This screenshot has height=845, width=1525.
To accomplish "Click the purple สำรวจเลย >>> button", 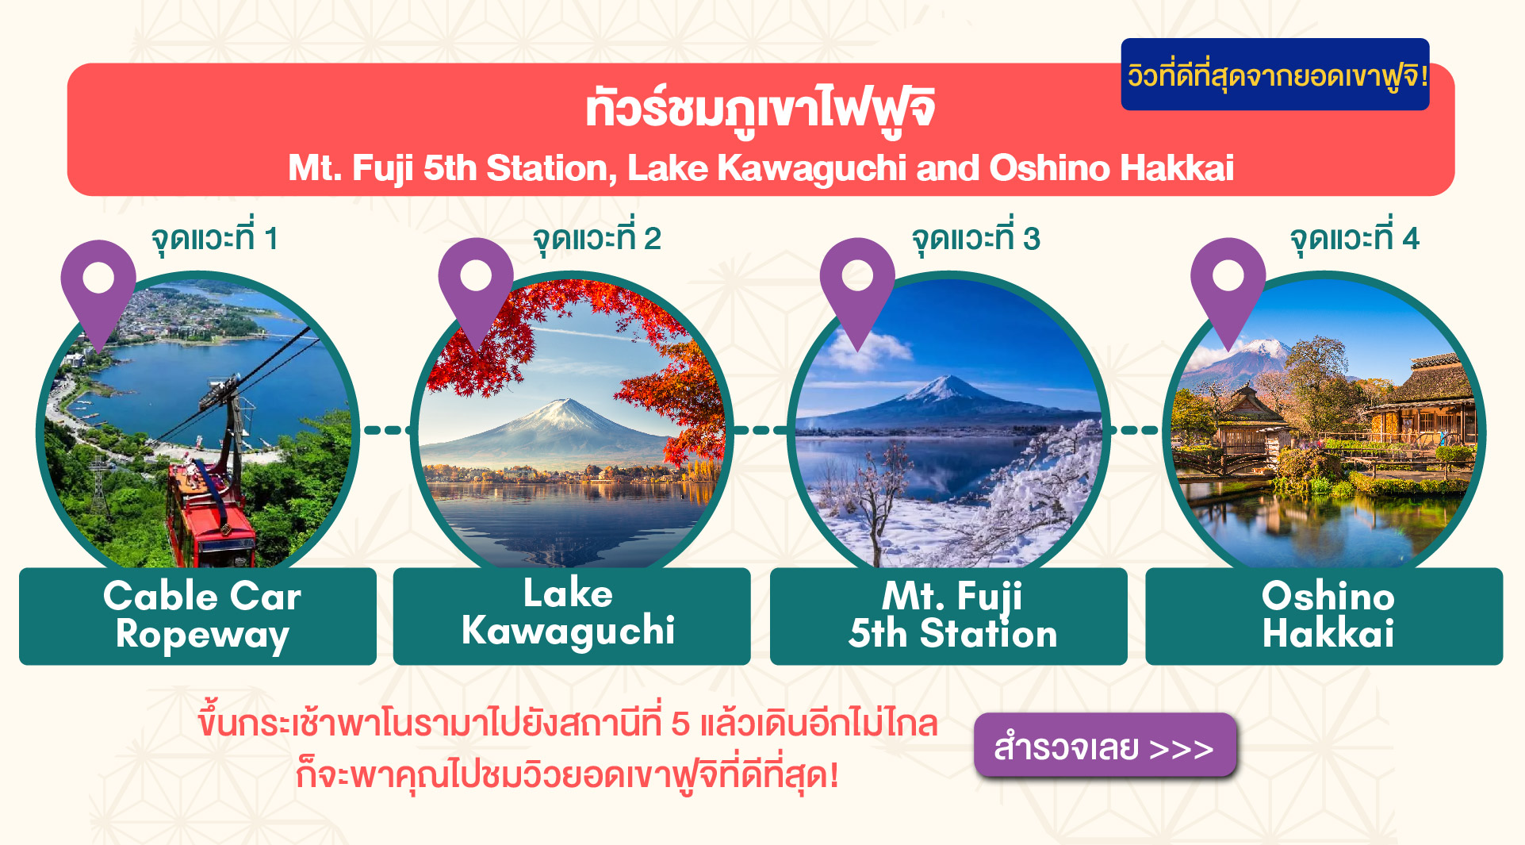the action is point(1105,745).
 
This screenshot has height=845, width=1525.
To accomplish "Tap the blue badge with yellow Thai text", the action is point(1275,74).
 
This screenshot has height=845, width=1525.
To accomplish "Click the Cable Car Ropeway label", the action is point(198,616).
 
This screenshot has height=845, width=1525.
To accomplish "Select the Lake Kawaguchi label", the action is point(572,616).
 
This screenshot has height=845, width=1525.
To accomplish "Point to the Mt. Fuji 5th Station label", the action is point(948,616).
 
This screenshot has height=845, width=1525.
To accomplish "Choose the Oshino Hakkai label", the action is point(1324,616).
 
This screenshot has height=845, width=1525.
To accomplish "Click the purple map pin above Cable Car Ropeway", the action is point(98,290).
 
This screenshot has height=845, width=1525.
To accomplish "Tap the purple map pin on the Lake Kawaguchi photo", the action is point(476,288).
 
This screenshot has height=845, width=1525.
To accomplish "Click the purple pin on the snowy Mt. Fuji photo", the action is point(857,288).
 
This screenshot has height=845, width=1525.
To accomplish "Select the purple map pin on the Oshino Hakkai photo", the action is point(1228,288).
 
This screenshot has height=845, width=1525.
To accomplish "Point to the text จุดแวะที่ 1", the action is point(214,239).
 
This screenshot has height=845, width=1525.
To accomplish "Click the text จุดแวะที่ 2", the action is point(596,239).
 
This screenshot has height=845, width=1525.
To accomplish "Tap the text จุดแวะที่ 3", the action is point(975,239).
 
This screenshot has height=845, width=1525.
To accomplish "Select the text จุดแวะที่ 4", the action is point(1354,239).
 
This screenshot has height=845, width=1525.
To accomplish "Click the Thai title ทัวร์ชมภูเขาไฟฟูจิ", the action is point(761,109).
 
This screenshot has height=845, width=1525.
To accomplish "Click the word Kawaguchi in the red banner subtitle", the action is point(812,168).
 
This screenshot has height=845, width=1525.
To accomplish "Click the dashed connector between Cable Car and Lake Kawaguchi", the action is point(385,430).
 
